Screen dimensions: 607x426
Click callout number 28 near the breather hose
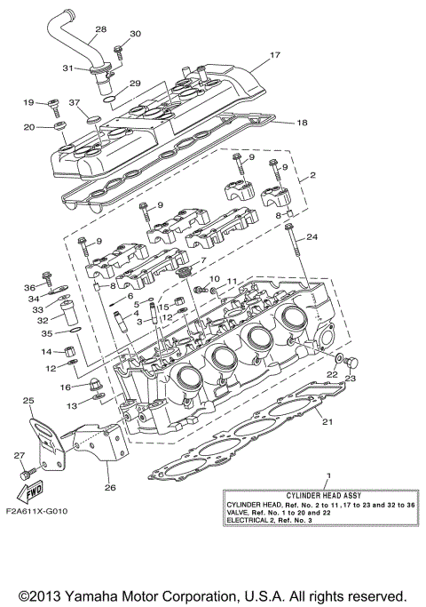(100, 29)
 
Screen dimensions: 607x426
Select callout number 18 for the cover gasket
(302, 123)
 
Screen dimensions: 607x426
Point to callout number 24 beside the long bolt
(312, 237)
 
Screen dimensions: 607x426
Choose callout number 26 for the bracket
(111, 487)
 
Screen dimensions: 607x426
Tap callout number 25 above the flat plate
(28, 401)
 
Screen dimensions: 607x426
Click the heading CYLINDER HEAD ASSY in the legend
(308, 493)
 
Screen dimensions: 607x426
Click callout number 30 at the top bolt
(135, 34)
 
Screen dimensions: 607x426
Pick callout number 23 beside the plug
(349, 379)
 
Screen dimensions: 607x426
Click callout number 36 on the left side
(29, 288)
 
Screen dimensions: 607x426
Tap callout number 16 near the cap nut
(66, 387)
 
